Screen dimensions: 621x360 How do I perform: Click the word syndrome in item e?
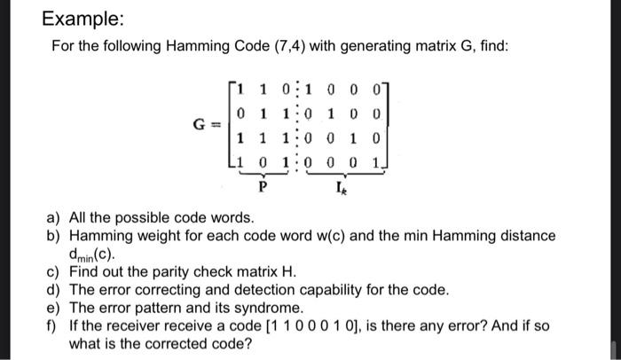pyautogui.click(x=275, y=308)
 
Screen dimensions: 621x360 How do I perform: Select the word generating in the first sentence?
pyautogui.click(x=347, y=45)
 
